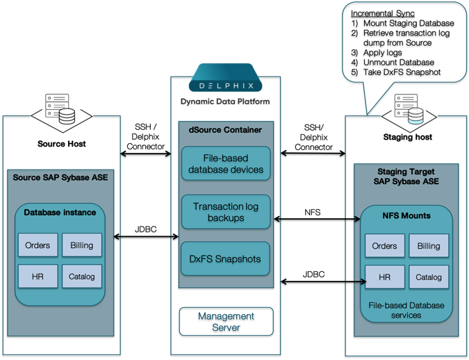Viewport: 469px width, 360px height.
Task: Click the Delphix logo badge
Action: click(x=225, y=80)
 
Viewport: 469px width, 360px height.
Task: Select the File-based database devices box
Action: click(x=226, y=163)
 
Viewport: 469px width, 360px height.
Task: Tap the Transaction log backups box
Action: click(x=226, y=212)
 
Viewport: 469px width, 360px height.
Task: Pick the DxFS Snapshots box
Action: click(x=226, y=259)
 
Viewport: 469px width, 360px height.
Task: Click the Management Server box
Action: click(x=226, y=321)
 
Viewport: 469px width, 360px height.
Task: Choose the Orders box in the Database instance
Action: click(x=38, y=245)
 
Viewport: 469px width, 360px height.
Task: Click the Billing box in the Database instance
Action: click(x=82, y=245)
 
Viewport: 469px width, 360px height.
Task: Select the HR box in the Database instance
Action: click(x=38, y=277)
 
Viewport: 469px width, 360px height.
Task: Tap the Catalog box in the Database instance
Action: click(x=82, y=277)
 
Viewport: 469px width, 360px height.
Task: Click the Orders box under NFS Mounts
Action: click(x=384, y=246)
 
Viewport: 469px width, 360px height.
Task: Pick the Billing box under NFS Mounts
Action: click(x=429, y=246)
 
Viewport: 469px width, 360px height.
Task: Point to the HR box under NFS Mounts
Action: click(x=384, y=277)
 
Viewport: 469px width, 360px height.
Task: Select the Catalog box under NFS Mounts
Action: click(x=429, y=277)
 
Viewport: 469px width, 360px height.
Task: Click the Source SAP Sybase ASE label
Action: click(x=60, y=178)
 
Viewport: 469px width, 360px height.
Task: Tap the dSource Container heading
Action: click(x=226, y=129)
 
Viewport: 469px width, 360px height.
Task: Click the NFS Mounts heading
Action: click(x=406, y=215)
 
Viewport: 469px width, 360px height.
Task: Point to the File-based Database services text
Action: click(x=406, y=310)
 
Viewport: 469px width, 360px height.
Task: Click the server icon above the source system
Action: click(x=60, y=111)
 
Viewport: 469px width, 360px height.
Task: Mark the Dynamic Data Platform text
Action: click(x=225, y=102)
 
